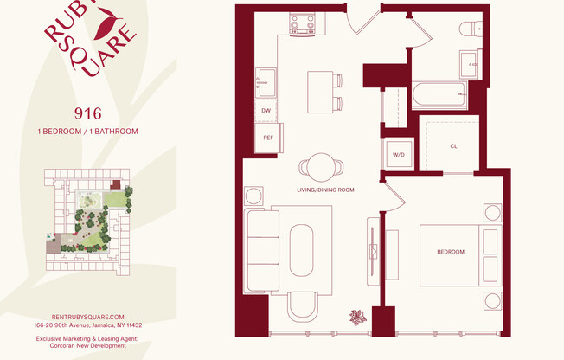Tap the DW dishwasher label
(x=267, y=111)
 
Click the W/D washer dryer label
(x=399, y=155)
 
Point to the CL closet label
(x=453, y=146)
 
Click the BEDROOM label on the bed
(x=450, y=252)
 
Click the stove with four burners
(x=303, y=23)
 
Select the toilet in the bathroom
(x=471, y=29)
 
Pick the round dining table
(x=322, y=165)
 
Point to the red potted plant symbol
(x=356, y=317)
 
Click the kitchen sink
(x=266, y=82)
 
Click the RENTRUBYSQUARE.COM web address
(x=88, y=317)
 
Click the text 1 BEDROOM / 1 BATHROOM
(x=87, y=131)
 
